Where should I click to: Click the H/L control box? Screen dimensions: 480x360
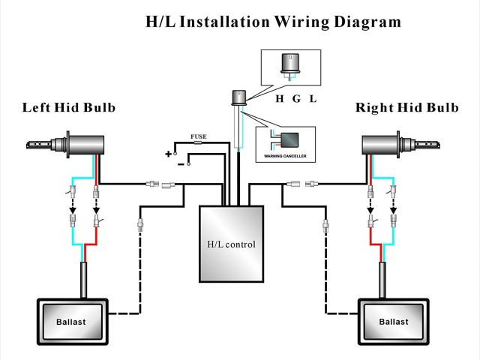[232, 244]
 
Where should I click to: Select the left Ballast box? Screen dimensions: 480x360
[73, 322]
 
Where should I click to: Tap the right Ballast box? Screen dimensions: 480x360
[394, 322]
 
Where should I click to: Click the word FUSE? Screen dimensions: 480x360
[199, 136]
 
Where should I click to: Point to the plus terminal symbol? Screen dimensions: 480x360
[168, 154]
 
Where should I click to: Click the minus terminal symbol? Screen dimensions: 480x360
[181, 164]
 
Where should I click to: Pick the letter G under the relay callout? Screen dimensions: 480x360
[296, 99]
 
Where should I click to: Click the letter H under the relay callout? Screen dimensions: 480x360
[280, 99]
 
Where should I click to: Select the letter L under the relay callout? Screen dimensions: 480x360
[313, 99]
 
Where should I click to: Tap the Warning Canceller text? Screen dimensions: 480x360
[285, 156]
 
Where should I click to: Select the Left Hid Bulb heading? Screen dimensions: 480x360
[69, 107]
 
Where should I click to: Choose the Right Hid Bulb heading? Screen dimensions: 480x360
[407, 107]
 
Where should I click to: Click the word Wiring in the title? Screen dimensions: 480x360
[301, 22]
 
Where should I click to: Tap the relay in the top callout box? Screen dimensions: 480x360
[290, 64]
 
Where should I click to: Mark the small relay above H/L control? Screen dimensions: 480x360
[238, 97]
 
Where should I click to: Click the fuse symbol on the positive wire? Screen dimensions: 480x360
[198, 142]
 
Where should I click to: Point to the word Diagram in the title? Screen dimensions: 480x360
[367, 22]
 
